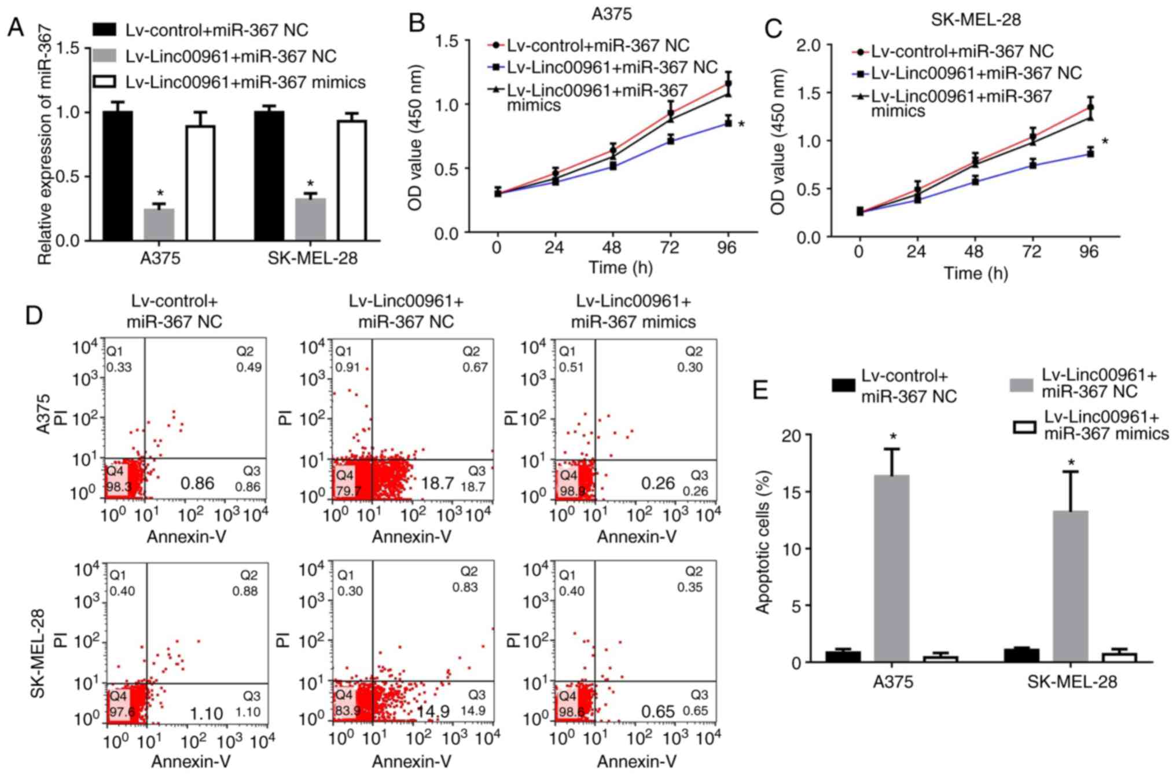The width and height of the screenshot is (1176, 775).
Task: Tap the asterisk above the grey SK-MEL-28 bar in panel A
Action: point(310,185)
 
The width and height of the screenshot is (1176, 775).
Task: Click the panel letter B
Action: point(417,23)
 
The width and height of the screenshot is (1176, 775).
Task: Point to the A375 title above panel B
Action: point(612,13)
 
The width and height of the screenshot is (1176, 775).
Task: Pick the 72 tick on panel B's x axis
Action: point(670,248)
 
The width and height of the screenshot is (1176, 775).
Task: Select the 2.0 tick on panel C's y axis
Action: point(810,46)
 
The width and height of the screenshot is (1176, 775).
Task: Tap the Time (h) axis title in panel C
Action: point(976,273)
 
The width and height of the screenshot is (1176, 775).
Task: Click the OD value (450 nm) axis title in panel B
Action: point(416,137)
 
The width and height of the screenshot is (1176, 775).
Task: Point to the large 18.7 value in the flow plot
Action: point(437,483)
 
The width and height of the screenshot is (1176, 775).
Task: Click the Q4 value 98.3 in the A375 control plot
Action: point(119,487)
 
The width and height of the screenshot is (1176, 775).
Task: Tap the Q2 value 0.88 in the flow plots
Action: point(245,591)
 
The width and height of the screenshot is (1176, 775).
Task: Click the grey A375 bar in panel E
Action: point(891,568)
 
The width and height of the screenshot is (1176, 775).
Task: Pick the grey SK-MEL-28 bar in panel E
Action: point(1070,586)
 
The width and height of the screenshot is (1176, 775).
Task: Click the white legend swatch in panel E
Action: point(1024,427)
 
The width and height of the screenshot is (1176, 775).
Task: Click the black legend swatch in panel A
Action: point(105,30)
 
